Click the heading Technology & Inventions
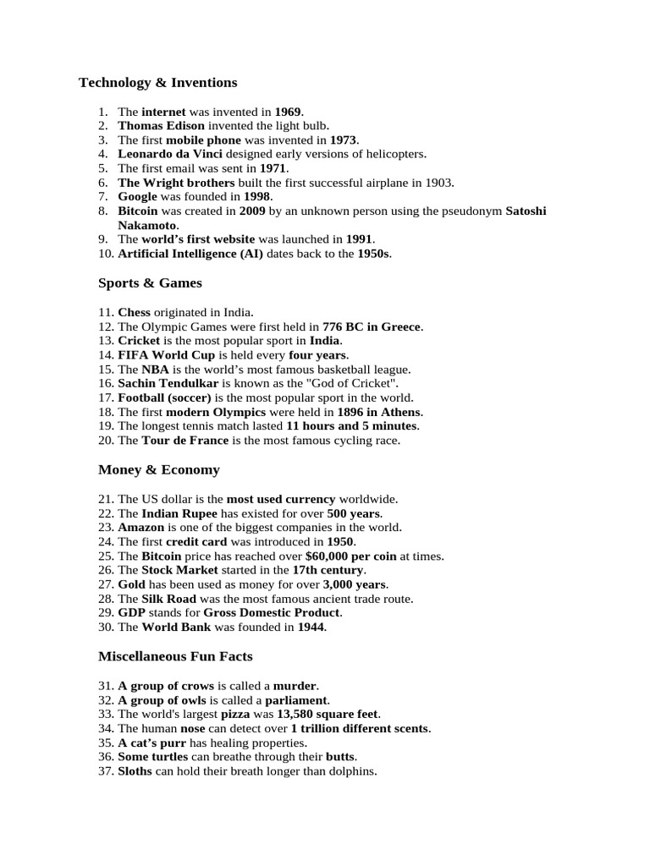coord(158,83)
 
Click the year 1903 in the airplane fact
coord(439,183)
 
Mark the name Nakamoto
coord(147,225)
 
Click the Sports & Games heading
coord(150,283)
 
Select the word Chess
coord(134,313)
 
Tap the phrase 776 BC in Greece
coord(372,326)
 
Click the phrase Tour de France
coord(185,441)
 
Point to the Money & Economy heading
coord(158,469)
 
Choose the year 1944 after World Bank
coord(311,628)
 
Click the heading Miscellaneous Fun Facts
coord(175,656)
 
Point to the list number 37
coord(106,771)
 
